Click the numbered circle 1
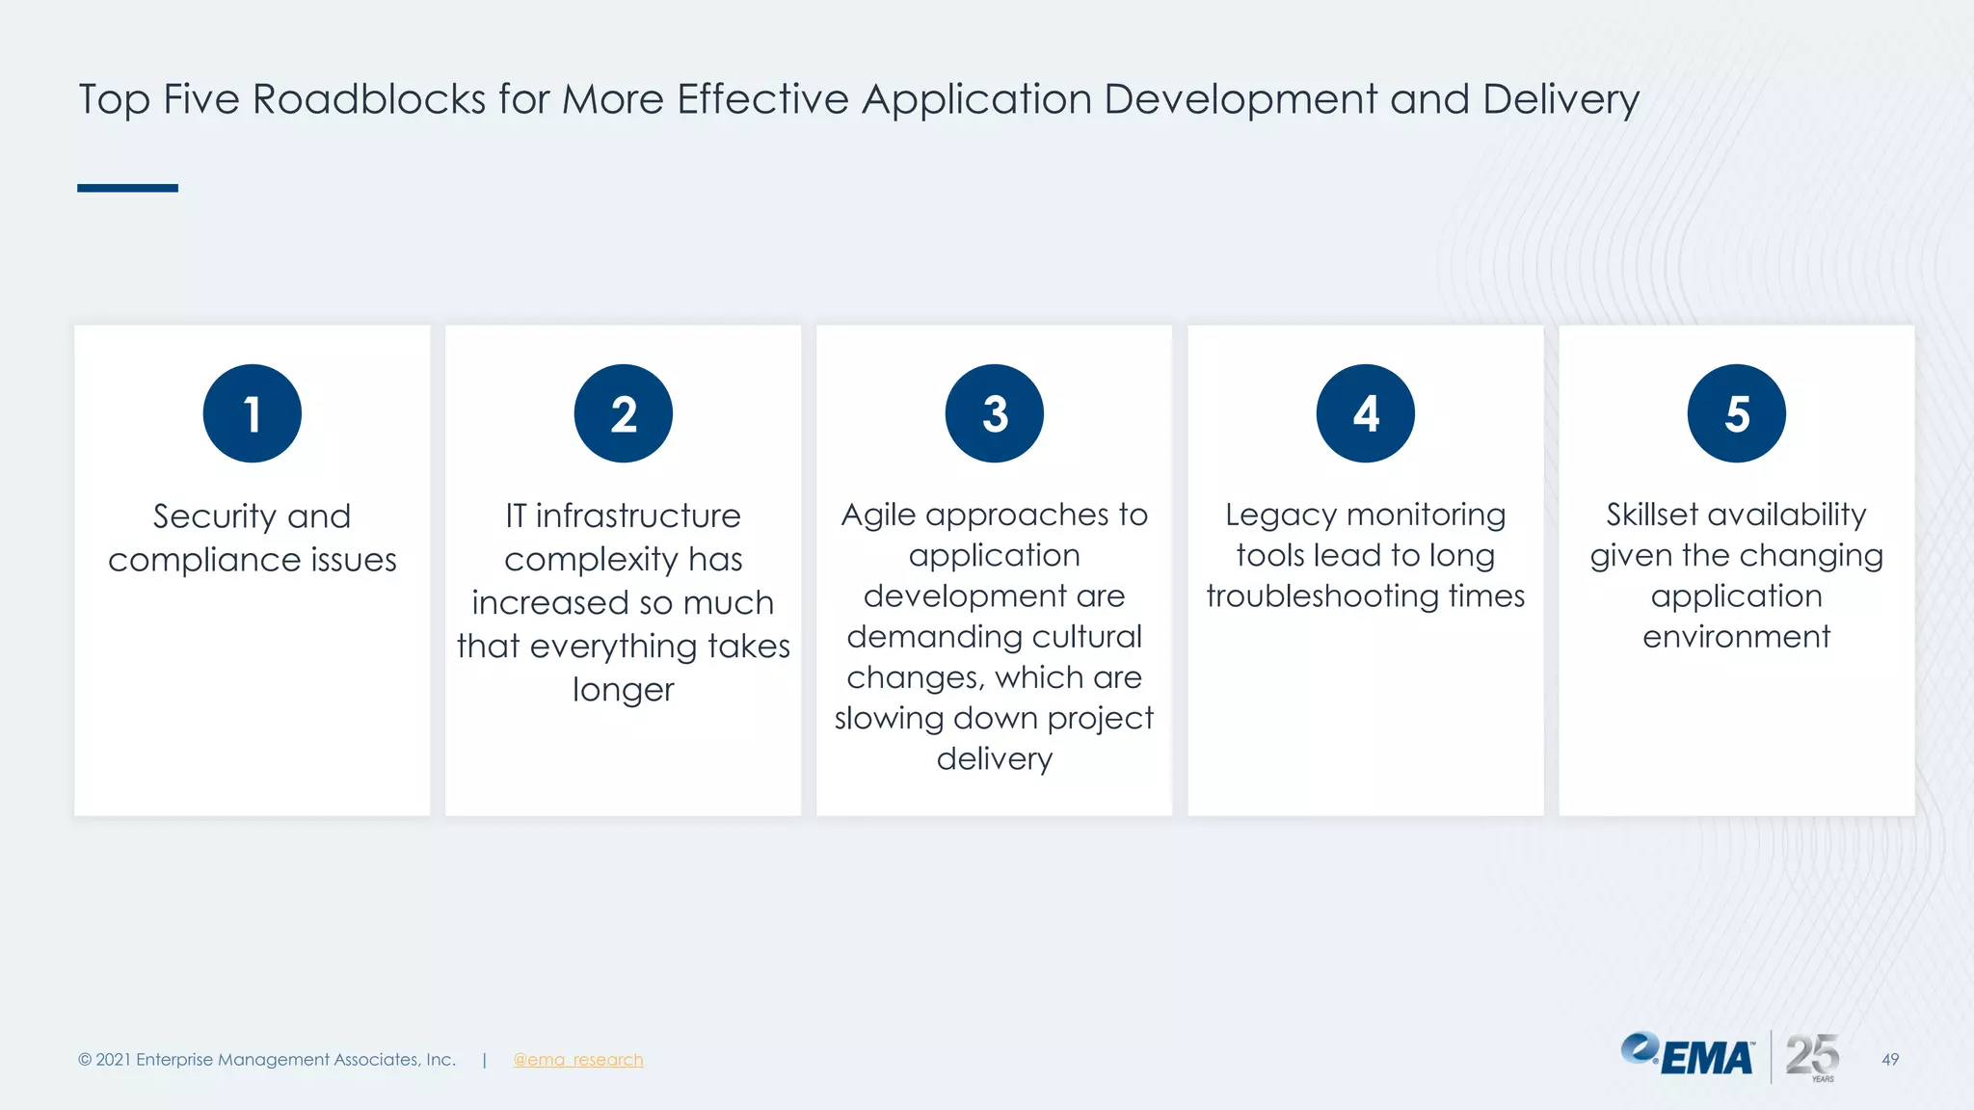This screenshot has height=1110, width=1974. tap(252, 413)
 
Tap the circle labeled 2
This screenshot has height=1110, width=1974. tap(623, 413)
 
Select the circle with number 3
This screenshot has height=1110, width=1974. tap(994, 413)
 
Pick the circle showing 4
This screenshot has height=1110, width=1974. tap(1365, 413)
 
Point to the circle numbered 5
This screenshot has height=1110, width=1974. tap(1736, 413)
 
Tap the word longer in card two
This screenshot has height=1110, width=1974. tap(623, 690)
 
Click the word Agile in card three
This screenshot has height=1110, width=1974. tap(878, 515)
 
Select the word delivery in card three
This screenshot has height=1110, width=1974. tap(994, 758)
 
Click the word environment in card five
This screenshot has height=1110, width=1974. tap(1736, 637)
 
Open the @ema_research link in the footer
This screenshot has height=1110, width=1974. tap(577, 1060)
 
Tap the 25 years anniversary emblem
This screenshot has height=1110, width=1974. tap(1812, 1056)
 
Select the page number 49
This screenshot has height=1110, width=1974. tap(1889, 1060)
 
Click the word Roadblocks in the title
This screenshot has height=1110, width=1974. tap(368, 99)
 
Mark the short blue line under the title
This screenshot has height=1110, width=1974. tap(127, 188)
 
